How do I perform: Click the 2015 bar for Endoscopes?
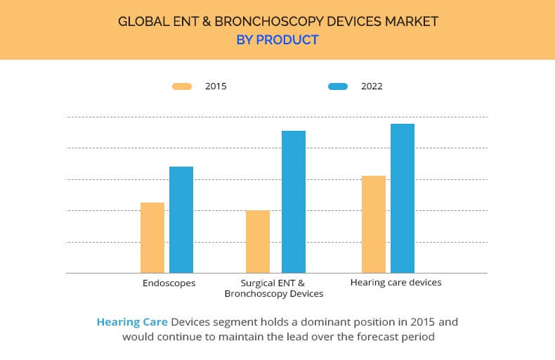tap(152, 238)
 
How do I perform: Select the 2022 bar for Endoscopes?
tap(181, 219)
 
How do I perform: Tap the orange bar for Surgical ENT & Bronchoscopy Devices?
tap(258, 242)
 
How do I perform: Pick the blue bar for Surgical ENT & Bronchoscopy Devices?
tap(294, 202)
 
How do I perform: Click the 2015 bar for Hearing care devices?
tap(374, 224)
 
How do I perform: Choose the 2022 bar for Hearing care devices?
tap(403, 198)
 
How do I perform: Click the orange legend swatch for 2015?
tap(182, 86)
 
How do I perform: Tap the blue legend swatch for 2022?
tap(338, 86)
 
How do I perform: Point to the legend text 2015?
tap(216, 86)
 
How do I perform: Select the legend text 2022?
tap(372, 86)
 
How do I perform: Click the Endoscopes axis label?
tap(169, 283)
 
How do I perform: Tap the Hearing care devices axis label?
tap(396, 283)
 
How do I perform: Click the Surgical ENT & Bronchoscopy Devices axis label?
tap(273, 288)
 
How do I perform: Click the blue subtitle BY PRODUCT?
tap(277, 40)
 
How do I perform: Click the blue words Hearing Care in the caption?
tap(132, 322)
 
